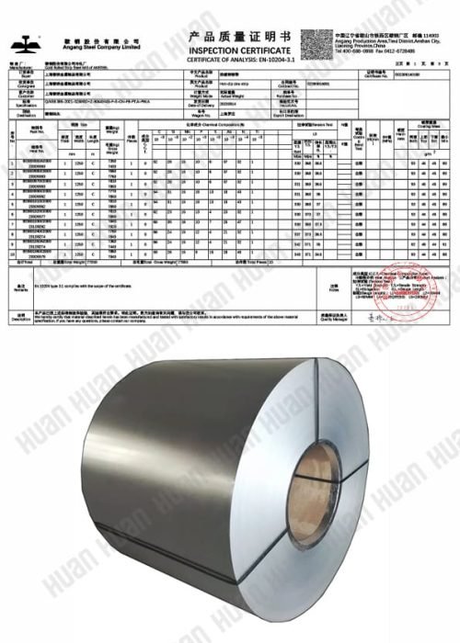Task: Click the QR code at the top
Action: (316, 42)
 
